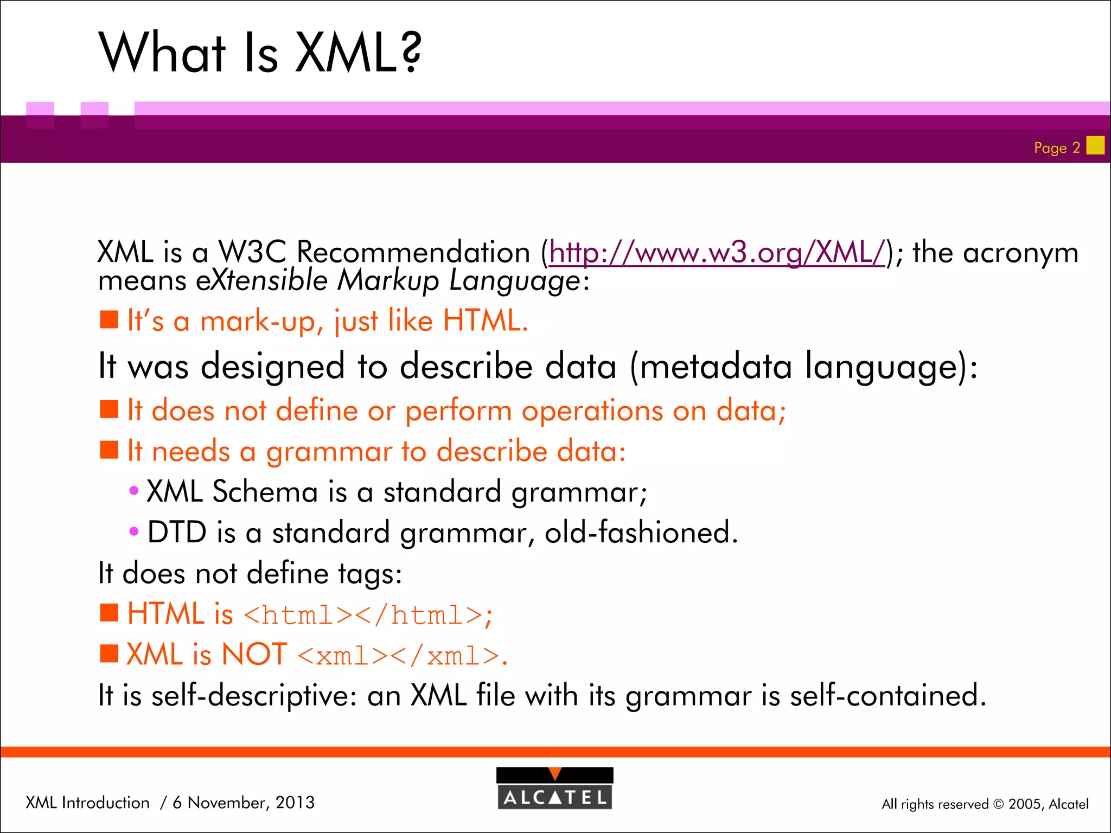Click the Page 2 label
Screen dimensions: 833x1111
[1056, 148]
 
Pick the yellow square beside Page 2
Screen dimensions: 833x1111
[1095, 145]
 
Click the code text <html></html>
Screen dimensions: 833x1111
[362, 616]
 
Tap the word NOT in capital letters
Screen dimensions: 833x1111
[254, 655]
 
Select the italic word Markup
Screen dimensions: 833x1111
[387, 281]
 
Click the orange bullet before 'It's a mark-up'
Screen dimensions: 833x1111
[109, 320]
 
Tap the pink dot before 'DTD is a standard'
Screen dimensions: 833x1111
[134, 531]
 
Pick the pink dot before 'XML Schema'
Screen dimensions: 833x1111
[134, 491]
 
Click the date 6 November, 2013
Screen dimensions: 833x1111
[244, 802]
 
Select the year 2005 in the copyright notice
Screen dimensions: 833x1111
[1025, 804]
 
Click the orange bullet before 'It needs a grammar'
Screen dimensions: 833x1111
[109, 450]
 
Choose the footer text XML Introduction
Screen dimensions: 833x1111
[87, 802]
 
